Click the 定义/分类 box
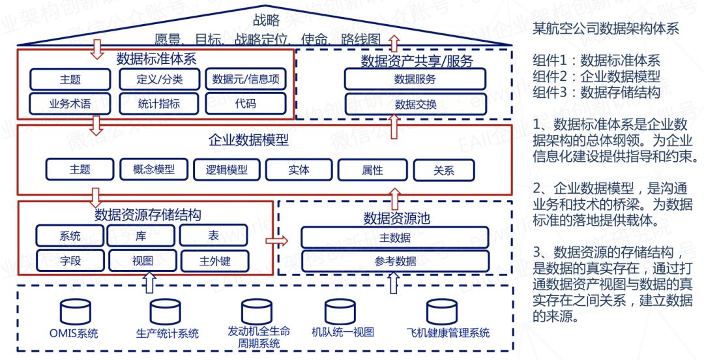(x=160, y=80)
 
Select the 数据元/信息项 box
(x=246, y=80)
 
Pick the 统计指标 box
(x=160, y=103)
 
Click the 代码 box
(x=246, y=103)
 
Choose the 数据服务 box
(x=415, y=80)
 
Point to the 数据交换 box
(x=415, y=104)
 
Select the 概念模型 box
(x=154, y=170)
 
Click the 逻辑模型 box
(x=226, y=170)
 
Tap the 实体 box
(x=299, y=170)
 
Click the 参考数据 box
(x=395, y=261)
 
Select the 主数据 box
(x=395, y=237)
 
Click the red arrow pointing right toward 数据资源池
(x=276, y=241)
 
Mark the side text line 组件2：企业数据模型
(x=596, y=76)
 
